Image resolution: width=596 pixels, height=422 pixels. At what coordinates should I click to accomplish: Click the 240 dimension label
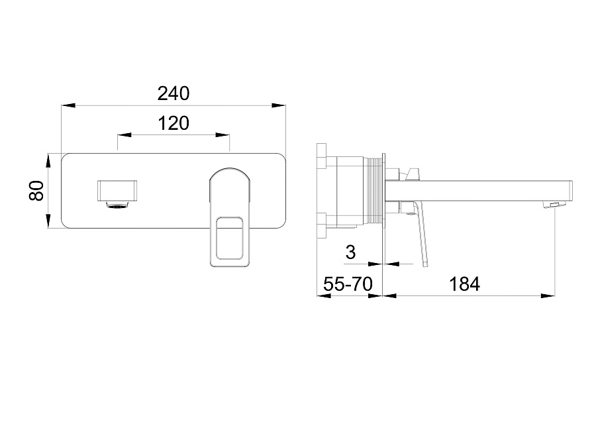point(174,93)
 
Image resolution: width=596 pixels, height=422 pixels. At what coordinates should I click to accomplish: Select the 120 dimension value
point(174,124)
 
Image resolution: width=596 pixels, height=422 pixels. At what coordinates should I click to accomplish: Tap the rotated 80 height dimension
point(36,191)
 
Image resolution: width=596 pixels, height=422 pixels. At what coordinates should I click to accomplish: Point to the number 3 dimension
point(351,252)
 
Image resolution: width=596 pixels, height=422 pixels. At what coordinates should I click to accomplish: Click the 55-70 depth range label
point(348,284)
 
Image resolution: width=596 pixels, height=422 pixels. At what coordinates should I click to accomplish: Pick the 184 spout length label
point(464,284)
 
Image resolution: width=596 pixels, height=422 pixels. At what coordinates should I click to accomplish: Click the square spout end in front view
point(117,189)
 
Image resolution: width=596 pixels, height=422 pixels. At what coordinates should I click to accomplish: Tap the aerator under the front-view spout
point(119,205)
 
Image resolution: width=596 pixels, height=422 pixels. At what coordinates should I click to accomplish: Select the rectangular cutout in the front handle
point(229,238)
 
